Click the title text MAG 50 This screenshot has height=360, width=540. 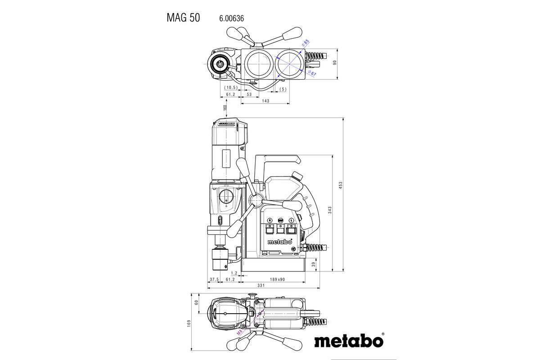point(183,18)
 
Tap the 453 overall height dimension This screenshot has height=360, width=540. point(341,185)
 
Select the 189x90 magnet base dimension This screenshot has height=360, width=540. point(277,279)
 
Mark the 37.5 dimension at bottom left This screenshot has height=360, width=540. point(214,279)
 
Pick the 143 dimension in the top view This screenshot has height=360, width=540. point(265,101)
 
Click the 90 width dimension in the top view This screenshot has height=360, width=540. point(334,63)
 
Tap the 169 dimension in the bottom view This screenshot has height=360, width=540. point(189,323)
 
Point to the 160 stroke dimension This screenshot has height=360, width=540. point(225,108)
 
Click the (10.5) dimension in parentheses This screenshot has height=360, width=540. point(231,87)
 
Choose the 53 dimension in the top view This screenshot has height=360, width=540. point(249,94)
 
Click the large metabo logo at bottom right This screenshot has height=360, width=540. point(349,341)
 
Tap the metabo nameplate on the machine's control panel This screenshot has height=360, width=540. point(279,242)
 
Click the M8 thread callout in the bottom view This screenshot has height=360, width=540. point(240,333)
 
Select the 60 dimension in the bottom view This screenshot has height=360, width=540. point(196,302)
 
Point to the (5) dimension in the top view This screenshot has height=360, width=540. point(283,89)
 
